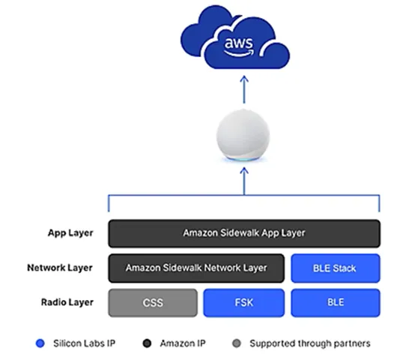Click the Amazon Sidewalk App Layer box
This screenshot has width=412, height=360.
tap(243, 233)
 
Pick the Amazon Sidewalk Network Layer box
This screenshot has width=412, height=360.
tap(196, 267)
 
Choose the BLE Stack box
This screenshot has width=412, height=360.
tap(335, 267)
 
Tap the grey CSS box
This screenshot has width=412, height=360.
tap(152, 302)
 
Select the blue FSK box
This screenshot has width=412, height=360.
tap(243, 302)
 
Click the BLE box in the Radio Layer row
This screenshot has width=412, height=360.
tap(335, 302)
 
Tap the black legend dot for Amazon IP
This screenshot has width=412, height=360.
tap(148, 343)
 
